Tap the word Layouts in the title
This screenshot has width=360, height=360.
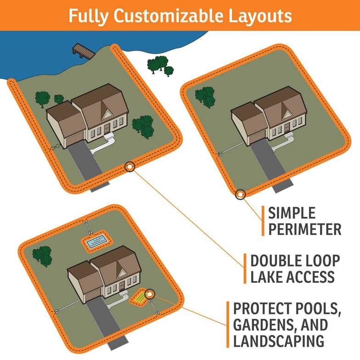[259, 16]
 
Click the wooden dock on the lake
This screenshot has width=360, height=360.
[84, 51]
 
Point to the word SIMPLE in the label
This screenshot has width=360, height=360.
[292, 213]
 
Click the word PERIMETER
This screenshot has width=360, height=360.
[304, 229]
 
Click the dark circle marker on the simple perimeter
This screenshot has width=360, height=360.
[240, 194]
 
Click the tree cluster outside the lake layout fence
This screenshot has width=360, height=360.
[161, 65]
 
